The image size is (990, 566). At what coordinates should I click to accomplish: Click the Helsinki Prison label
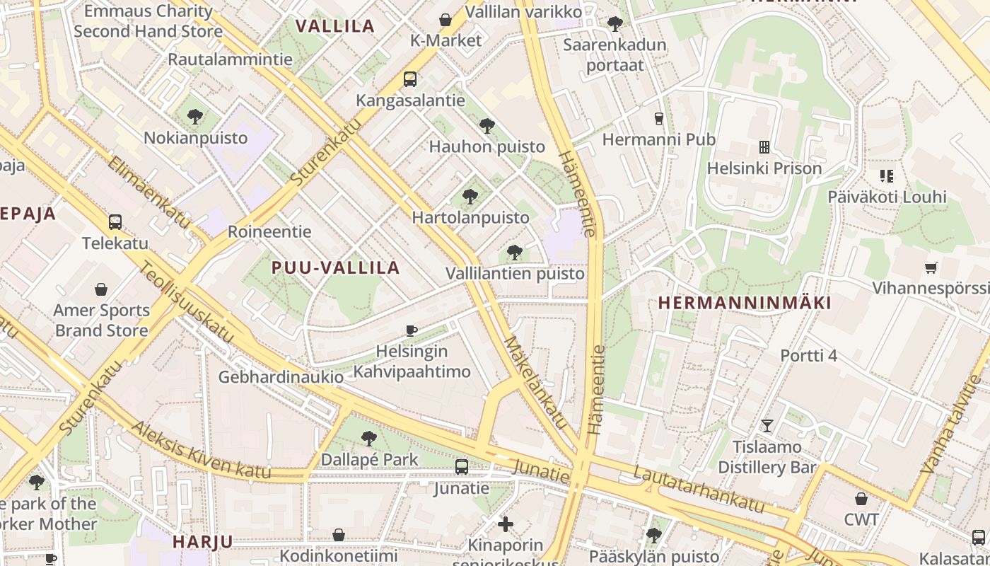[764, 168]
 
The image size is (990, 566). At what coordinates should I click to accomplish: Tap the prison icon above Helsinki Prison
[764, 147]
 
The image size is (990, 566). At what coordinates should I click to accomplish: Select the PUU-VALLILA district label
[336, 267]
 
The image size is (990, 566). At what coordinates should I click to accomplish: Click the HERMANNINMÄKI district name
[745, 303]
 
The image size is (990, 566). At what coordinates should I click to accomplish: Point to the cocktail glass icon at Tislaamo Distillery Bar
[767, 426]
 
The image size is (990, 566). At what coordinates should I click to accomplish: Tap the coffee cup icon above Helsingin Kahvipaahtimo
[412, 330]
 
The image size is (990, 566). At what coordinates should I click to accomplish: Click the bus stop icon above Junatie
[462, 467]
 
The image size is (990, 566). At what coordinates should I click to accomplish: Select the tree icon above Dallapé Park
[368, 439]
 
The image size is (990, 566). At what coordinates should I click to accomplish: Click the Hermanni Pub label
[658, 139]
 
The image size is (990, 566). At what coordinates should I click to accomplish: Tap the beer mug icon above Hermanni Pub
[659, 118]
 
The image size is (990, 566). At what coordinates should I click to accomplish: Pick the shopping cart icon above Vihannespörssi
[931, 267]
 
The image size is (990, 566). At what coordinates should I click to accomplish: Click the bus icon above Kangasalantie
[410, 79]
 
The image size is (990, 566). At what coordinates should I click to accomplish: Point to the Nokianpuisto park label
[196, 137]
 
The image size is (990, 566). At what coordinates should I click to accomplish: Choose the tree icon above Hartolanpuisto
[470, 197]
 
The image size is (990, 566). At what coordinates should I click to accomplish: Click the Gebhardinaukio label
[281, 376]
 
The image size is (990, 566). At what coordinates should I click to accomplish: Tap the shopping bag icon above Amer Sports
[101, 289]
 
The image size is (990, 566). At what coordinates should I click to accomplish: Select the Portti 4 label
[808, 355]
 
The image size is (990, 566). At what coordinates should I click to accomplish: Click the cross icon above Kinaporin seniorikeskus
[506, 524]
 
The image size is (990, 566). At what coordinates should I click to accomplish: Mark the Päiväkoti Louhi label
[887, 197]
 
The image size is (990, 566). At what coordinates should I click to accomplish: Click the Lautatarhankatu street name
[699, 489]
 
